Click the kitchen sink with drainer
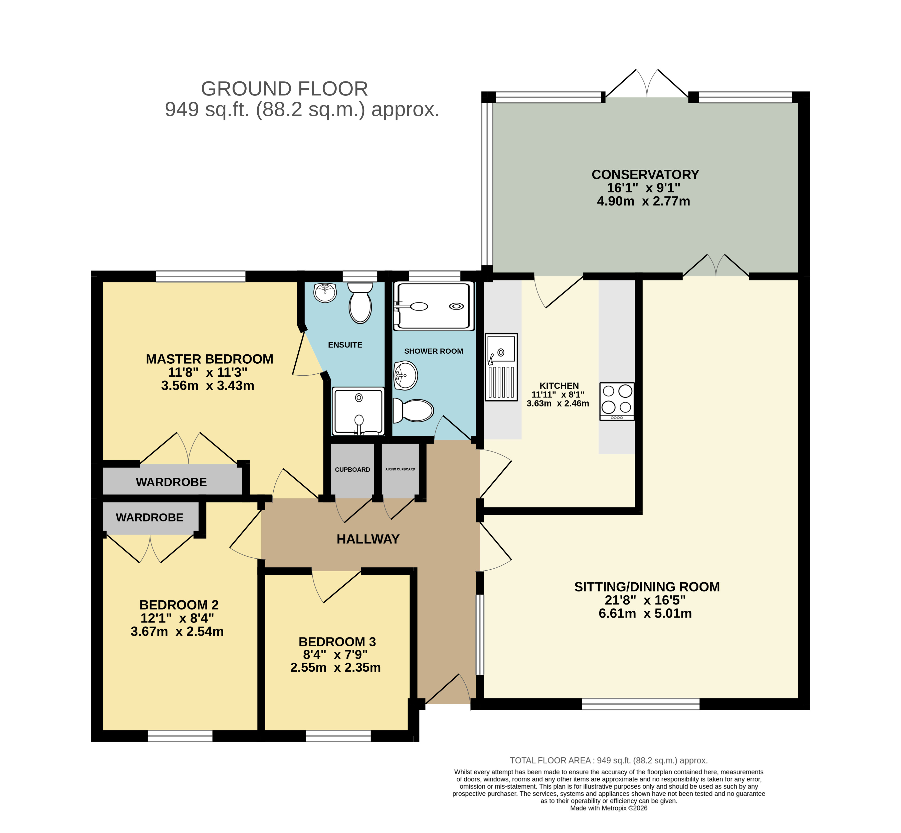tap(501, 367)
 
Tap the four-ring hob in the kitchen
tap(617, 401)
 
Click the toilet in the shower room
tap(413, 410)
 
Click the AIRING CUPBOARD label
tap(400, 469)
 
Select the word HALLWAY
tap(368, 539)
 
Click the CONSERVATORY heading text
tap(645, 174)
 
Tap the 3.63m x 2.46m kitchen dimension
tap(558, 403)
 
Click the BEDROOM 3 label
tap(337, 642)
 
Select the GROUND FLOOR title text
tap(285, 89)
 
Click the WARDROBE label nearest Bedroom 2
tap(149, 517)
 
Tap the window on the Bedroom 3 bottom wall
tap(338, 736)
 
